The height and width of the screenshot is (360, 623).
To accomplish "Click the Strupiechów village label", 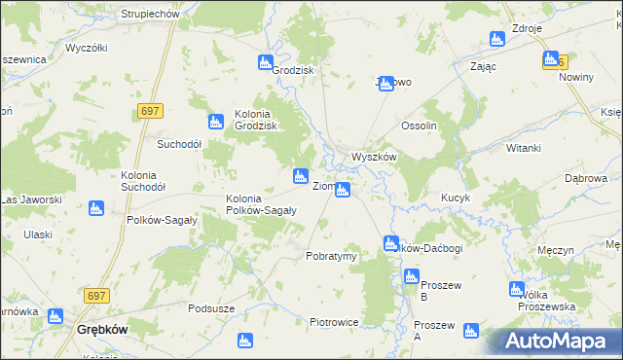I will click(150, 15).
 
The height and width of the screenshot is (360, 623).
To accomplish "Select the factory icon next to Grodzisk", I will click(265, 63).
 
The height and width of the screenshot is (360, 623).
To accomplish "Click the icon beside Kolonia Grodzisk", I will click(216, 123).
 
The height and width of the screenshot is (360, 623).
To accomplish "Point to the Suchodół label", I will click(179, 143).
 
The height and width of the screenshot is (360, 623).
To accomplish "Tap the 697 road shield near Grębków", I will click(95, 295).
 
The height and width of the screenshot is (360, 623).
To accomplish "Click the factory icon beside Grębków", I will click(55, 317).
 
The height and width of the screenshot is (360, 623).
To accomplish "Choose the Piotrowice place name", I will click(334, 322).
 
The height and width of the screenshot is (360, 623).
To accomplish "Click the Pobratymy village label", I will click(331, 256).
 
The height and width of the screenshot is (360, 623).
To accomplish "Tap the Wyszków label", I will click(373, 157).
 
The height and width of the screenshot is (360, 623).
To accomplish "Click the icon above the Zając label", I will click(497, 40).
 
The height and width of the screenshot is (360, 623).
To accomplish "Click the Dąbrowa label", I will click(586, 178).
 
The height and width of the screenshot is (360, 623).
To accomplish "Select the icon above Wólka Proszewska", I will click(517, 289).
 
